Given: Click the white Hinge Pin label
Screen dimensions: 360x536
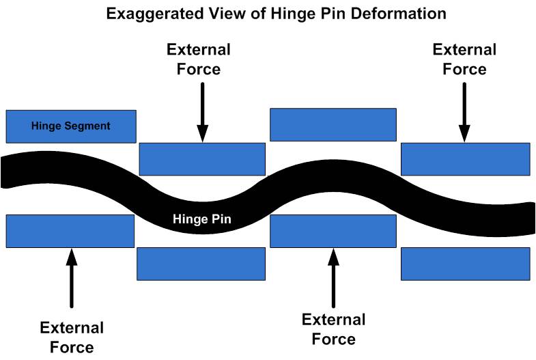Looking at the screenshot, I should (202, 219).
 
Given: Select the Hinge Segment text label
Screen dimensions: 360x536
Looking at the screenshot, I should (71, 126).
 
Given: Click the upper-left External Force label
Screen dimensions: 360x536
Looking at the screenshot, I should (198, 59).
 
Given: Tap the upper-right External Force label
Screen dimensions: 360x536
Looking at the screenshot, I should (464, 59).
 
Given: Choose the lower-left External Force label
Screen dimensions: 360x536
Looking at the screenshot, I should (72, 337).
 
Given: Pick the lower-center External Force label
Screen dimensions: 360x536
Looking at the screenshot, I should (333, 329).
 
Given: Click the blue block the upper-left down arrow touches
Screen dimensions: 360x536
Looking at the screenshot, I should (202, 159).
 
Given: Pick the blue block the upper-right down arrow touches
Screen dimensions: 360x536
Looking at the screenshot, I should (465, 159).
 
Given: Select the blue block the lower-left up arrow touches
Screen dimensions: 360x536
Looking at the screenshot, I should (70, 231).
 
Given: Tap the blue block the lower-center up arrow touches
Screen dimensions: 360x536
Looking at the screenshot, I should (333, 231).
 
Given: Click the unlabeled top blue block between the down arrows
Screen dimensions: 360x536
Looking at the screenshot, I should (333, 124).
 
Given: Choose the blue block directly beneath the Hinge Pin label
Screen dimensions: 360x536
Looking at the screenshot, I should (201, 264).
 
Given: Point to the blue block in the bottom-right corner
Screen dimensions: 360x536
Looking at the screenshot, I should (465, 264).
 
